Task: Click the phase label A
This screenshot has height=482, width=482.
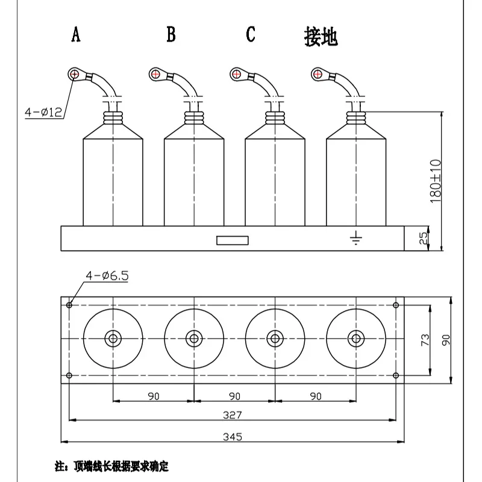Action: [75, 35]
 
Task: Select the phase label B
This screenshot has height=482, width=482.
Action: [171, 35]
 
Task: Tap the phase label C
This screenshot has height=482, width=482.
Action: [251, 35]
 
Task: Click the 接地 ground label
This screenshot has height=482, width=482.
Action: [321, 37]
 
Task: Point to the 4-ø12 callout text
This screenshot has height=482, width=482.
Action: [43, 113]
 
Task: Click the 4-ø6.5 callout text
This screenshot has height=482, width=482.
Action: [107, 276]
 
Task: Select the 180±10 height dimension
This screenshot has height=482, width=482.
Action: [436, 181]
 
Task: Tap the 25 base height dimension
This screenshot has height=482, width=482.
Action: [423, 239]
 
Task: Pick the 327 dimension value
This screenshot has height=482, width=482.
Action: [233, 415]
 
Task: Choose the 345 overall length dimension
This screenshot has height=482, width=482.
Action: [233, 437]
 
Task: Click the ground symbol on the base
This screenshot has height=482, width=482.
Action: [356, 239]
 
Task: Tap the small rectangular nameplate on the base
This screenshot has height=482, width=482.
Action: [233, 240]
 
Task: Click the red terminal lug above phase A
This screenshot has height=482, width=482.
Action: [74, 74]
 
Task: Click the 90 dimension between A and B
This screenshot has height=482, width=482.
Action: [154, 396]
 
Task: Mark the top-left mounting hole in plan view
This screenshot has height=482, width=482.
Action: [70, 305]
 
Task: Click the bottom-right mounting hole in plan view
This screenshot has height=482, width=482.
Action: [396, 375]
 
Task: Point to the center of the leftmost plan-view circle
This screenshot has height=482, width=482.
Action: [113, 339]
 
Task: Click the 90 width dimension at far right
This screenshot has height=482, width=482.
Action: [446, 340]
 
